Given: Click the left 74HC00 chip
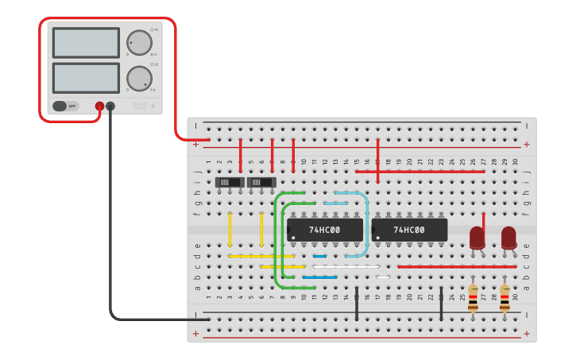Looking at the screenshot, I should pyautogui.click(x=325, y=230).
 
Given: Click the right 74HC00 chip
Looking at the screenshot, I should pyautogui.click(x=409, y=230).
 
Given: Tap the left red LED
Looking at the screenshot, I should pyautogui.click(x=477, y=237).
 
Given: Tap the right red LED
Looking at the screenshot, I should pyautogui.click(x=508, y=237).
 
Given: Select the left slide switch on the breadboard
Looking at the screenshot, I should pyautogui.click(x=230, y=182).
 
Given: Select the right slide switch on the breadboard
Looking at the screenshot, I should pyautogui.click(x=261, y=182).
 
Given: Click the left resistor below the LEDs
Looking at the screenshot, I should pyautogui.click(x=473, y=297).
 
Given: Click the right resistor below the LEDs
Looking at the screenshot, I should pyautogui.click(x=504, y=297).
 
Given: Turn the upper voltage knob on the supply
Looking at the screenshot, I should pyautogui.click(x=139, y=43).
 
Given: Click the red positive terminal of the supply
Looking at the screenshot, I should pyautogui.click(x=99, y=106).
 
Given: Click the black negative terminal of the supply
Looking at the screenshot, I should pyautogui.click(x=110, y=106).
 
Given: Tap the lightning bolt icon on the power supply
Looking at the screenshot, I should pyautogui.click(x=153, y=106).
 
